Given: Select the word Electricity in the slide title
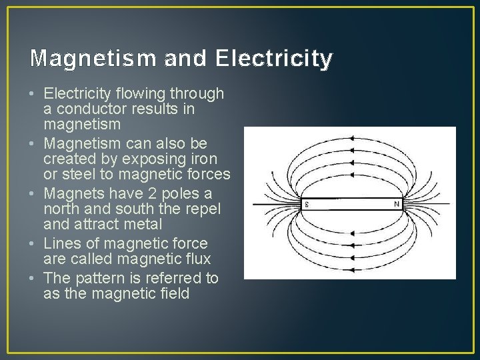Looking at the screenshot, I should coord(273,59).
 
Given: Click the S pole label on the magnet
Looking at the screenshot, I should coord(306,204).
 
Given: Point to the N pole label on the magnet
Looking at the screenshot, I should coord(397,204).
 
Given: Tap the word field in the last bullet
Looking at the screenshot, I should coord(173,293).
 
